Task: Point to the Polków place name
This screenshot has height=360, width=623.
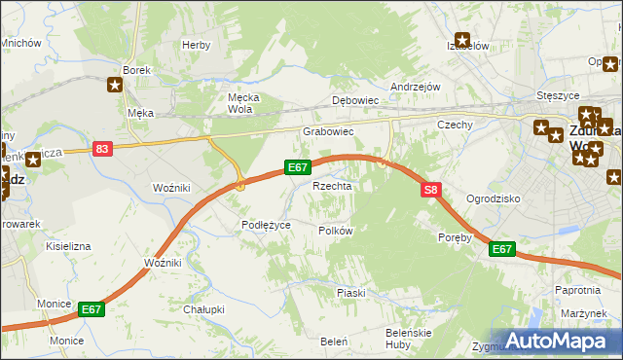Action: (x=335, y=231)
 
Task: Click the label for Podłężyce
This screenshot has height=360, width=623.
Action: (x=267, y=225)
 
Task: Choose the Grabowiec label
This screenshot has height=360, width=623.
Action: (x=327, y=131)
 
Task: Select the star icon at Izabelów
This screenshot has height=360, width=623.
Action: (x=463, y=42)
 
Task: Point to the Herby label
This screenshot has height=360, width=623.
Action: (x=197, y=45)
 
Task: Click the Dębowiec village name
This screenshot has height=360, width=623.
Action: (x=354, y=100)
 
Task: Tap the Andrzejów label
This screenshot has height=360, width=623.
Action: (x=416, y=86)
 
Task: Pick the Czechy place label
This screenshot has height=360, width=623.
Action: (x=455, y=125)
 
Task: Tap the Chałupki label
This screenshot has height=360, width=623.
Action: (x=204, y=309)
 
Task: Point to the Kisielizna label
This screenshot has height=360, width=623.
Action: (x=68, y=247)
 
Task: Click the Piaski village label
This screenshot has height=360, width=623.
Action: (x=350, y=293)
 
